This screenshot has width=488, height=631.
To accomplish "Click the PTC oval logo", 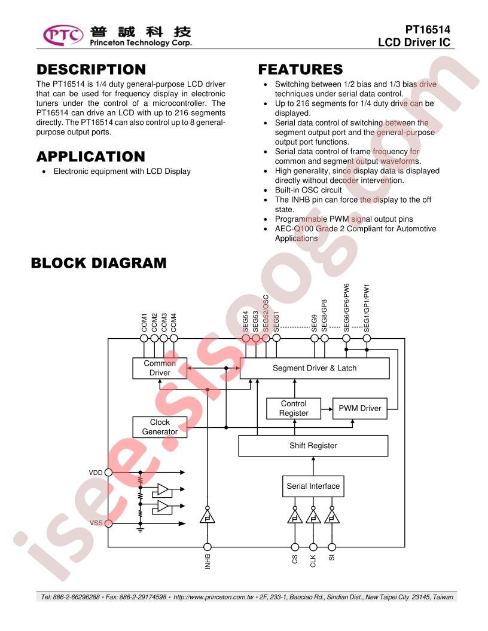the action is tap(63, 35).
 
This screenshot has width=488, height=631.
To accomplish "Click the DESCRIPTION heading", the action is tap(91, 69).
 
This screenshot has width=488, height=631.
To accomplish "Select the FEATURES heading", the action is tap(300, 69).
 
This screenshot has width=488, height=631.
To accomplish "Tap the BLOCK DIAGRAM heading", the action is tap(99, 263).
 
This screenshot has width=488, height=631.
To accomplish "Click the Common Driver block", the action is tap(160, 368).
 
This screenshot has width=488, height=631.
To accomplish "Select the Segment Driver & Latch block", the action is tap(315, 368).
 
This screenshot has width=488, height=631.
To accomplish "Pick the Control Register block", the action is tap(294, 409).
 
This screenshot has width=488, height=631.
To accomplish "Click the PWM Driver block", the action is tap(359, 409).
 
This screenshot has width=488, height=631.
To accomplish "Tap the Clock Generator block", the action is tap(160, 427).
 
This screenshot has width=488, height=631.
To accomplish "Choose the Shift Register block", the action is tap(313, 446).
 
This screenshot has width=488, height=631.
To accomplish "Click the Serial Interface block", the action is tap(313, 486).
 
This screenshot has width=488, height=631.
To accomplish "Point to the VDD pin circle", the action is tap(108, 473).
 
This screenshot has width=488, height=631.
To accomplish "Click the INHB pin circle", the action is tap(208, 547).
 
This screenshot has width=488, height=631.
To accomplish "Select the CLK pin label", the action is tap(313, 561).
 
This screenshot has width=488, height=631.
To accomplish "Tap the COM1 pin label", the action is tap(144, 322).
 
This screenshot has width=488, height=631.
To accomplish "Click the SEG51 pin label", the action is tap(276, 321).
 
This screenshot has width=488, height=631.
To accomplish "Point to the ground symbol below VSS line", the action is tap(140, 529).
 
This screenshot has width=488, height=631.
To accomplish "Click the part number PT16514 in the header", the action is tap(428, 29).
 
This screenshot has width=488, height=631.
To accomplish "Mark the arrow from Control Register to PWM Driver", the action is tap(327, 409).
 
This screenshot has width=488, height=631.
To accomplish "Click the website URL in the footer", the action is tap(213, 597).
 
